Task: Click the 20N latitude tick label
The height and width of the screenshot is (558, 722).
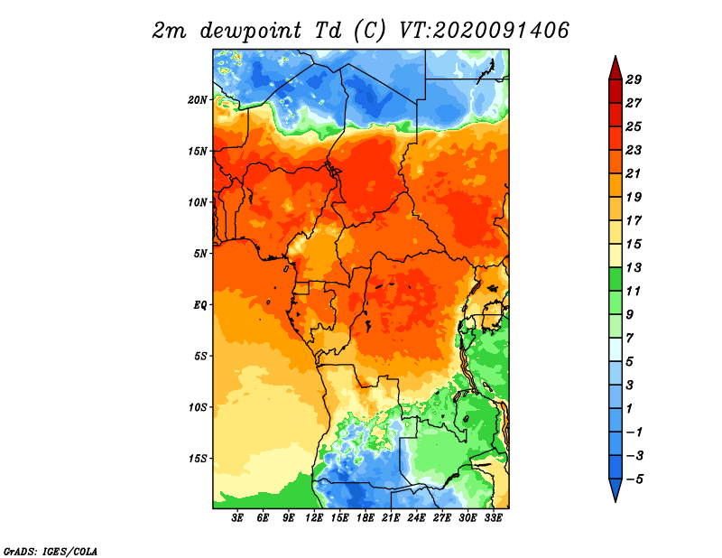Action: coord(198,100)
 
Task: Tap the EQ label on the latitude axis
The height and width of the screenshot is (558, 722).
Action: coord(199,305)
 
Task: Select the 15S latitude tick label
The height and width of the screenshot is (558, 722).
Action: coord(198,459)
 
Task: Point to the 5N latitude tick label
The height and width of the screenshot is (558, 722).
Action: coord(200,254)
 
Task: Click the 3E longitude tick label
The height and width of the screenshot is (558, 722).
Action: coord(237,518)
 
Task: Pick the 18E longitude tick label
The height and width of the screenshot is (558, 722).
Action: coord(366,518)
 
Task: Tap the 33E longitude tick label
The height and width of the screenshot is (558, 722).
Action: coord(493,518)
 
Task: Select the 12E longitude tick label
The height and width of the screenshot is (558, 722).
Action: coord(314,518)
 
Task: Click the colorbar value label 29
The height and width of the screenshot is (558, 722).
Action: coord(634,79)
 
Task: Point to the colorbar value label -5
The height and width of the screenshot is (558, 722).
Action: coord(634,479)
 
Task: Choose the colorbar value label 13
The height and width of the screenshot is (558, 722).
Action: coord(634,267)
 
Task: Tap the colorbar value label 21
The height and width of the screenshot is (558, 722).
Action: coord(634,173)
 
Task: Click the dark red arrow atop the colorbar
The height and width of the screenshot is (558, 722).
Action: coord(616,70)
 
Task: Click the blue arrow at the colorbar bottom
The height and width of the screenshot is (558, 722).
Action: coord(616,488)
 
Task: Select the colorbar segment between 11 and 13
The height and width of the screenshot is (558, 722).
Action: coord(616,279)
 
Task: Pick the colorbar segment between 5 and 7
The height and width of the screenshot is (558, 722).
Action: coord(616,349)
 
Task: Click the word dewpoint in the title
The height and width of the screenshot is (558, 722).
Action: coord(251,32)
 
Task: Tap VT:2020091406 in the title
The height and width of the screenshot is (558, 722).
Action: coord(484,31)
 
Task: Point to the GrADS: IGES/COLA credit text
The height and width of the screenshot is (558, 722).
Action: coord(51,552)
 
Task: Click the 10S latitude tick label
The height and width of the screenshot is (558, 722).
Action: coord(198,408)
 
